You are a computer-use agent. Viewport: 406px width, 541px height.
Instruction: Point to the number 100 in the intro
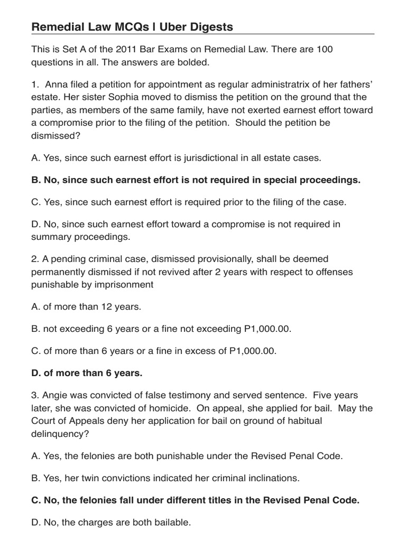(324, 49)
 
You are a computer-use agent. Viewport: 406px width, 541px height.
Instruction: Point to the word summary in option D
(50, 237)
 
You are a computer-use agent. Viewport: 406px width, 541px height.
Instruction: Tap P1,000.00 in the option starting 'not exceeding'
(267, 329)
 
